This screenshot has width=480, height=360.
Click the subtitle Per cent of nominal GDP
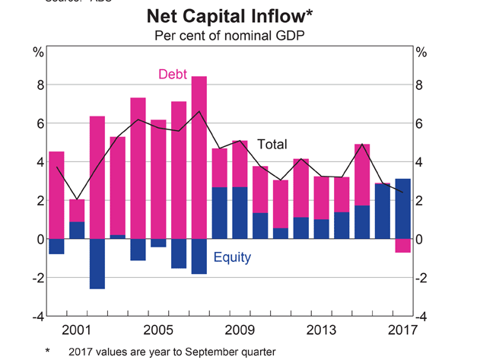coord(240,35)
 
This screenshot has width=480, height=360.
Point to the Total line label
coord(272,144)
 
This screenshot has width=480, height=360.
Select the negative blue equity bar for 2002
coord(97,264)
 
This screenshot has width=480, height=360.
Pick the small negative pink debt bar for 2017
coord(403,245)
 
